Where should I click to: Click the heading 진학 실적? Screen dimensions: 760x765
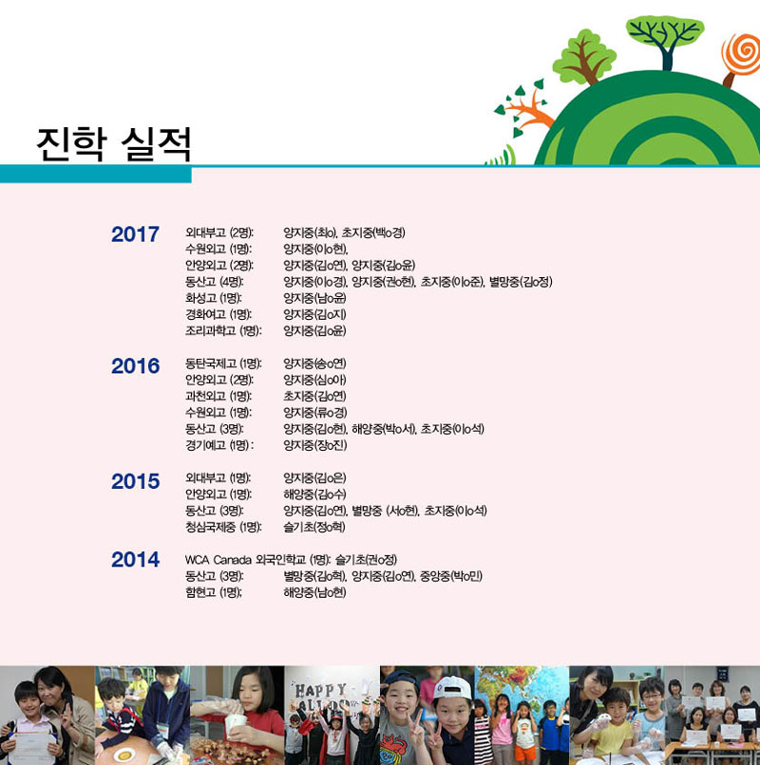113,144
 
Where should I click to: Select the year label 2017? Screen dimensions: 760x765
135,234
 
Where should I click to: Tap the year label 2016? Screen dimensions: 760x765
135,366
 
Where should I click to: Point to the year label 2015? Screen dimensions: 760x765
135,481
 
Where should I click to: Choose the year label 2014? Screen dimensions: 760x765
135,559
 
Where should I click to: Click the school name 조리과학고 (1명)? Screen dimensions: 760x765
223,331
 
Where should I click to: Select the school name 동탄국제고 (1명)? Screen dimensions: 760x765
223,364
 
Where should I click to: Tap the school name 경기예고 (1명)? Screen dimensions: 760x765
219,445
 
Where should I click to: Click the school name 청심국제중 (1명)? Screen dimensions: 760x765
223,527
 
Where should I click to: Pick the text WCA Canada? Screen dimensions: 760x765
218,560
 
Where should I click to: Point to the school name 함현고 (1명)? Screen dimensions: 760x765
214,592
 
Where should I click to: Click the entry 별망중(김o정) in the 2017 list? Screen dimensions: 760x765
521,282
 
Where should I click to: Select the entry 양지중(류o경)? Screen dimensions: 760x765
315,412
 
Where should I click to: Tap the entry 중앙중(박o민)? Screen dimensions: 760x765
451,576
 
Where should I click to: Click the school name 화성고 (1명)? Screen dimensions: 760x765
214,298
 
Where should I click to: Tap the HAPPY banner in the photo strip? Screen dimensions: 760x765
322,691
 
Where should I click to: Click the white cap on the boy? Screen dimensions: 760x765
452,689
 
